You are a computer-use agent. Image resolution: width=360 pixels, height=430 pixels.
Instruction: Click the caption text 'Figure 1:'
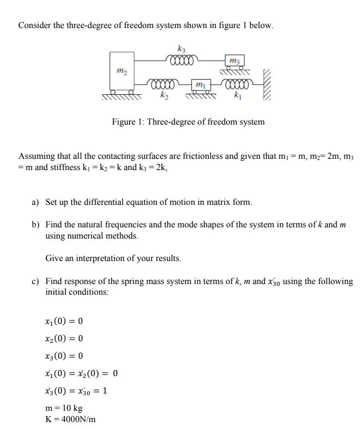coord(128,122)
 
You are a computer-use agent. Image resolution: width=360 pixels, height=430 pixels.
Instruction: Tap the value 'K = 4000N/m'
coord(70,418)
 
